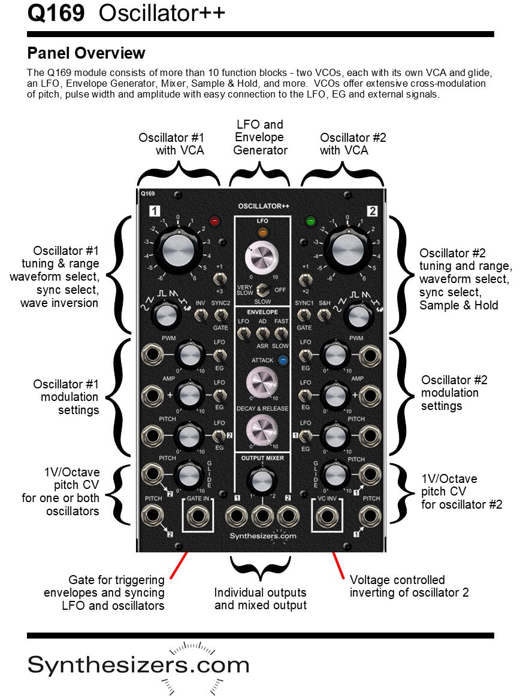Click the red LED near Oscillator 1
214,221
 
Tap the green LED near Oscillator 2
310,221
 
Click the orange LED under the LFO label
262,233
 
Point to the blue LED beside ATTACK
282,360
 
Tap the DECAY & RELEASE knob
262,428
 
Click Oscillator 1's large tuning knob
177,250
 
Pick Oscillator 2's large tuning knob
346,250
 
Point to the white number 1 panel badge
155,211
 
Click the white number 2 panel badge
371,211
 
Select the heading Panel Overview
86,53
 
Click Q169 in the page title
56,13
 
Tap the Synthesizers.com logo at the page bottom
138,664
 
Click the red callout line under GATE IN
179,566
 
